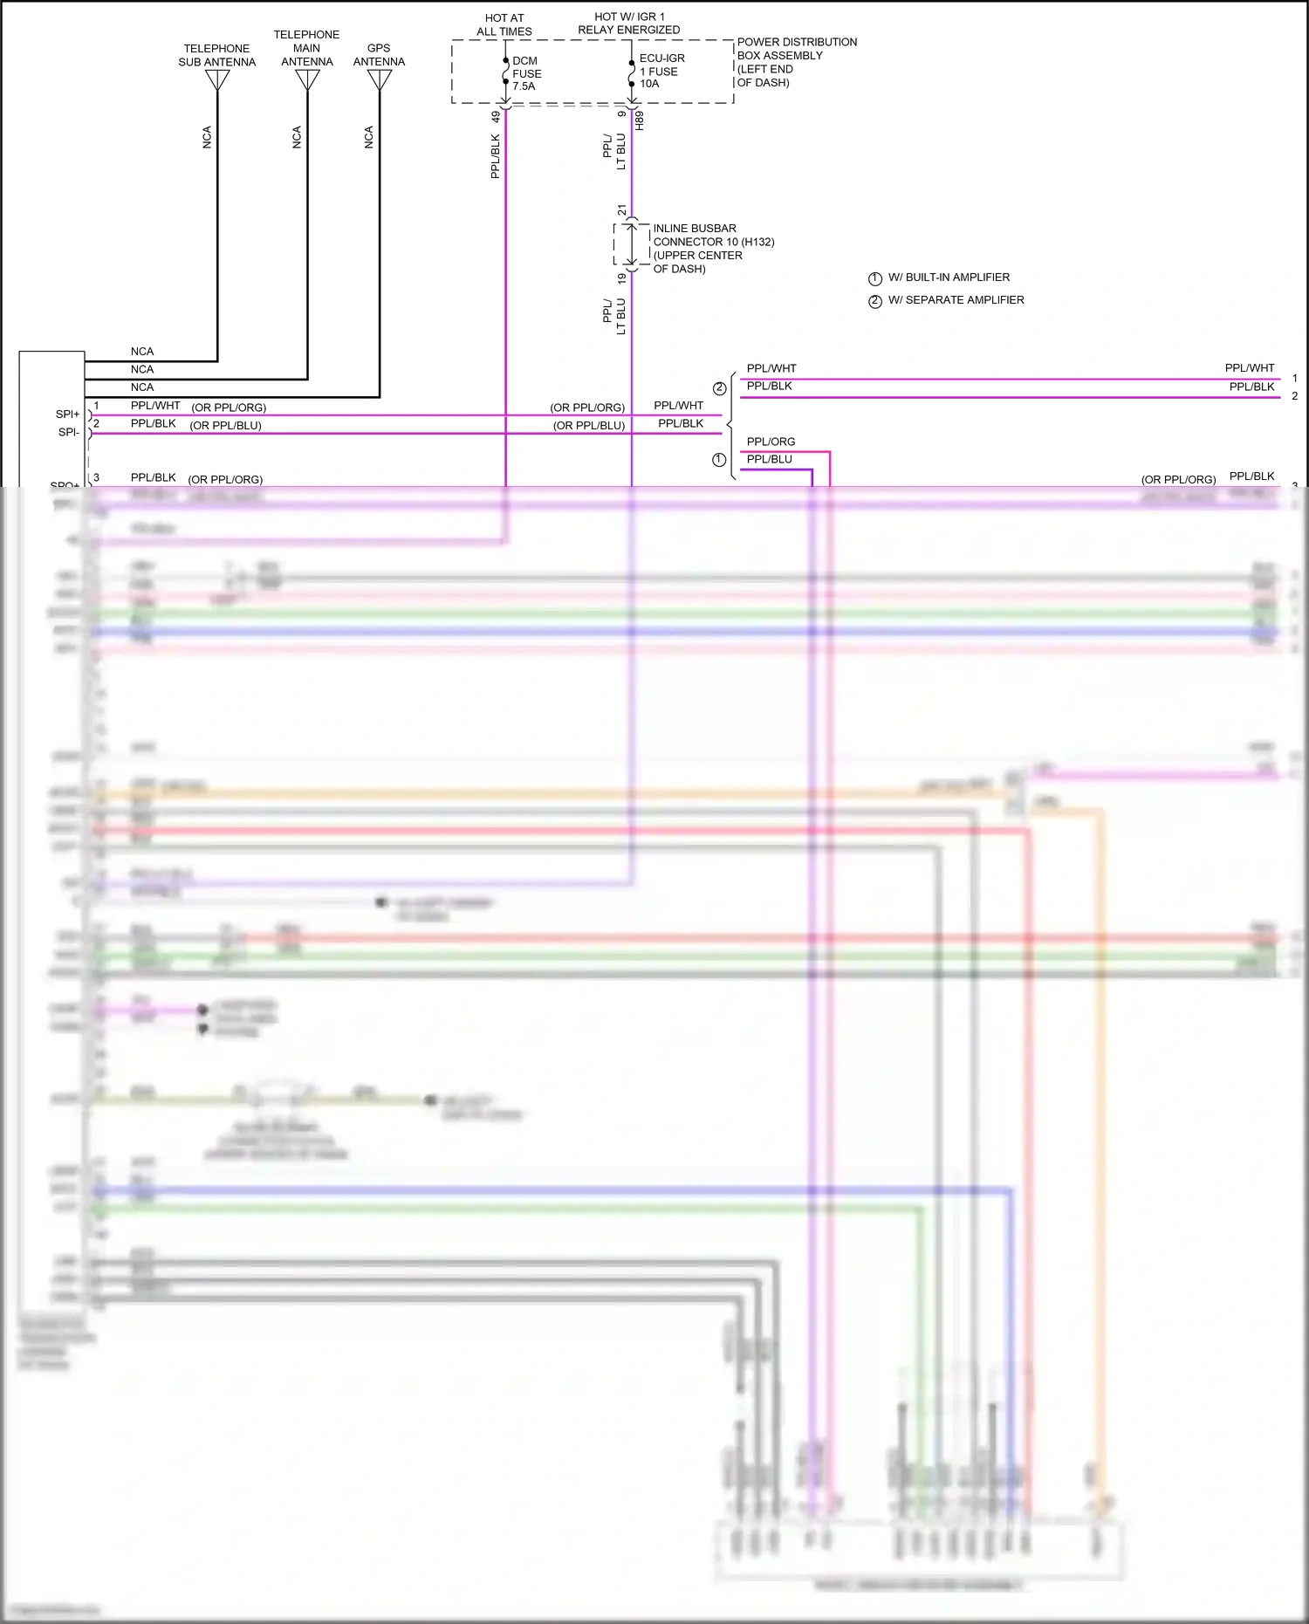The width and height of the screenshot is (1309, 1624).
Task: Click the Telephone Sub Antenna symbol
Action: (x=217, y=79)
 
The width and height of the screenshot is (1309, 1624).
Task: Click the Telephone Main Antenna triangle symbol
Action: (x=307, y=79)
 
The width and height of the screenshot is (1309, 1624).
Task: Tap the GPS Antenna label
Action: (x=379, y=55)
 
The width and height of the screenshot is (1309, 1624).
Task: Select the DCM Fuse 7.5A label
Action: (x=526, y=73)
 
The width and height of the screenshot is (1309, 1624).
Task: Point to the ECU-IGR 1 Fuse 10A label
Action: (x=661, y=71)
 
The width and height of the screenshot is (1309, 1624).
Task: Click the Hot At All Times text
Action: (x=504, y=24)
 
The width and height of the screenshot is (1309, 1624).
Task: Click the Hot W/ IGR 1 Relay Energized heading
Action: (x=628, y=23)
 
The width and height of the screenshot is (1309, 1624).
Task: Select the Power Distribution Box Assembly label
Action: (x=796, y=62)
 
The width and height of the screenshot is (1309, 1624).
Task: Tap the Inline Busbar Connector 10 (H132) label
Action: (x=713, y=248)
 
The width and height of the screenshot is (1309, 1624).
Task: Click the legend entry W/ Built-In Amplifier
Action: (x=948, y=278)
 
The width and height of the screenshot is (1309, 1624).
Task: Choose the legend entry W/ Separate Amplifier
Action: (x=955, y=300)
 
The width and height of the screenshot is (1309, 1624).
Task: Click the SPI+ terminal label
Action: (x=67, y=414)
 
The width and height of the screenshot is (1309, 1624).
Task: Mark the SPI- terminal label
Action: (x=68, y=432)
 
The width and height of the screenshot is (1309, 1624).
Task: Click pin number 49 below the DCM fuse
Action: (x=496, y=116)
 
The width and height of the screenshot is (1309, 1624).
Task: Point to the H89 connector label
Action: (x=640, y=120)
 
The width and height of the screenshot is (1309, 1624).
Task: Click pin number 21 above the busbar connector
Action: (x=621, y=210)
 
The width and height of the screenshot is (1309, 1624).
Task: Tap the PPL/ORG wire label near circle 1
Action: (x=771, y=442)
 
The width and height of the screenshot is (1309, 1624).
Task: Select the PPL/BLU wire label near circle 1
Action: (x=769, y=459)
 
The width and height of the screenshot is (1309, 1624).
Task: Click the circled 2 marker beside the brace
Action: (x=719, y=388)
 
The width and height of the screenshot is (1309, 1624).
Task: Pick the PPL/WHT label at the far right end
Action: (x=1249, y=368)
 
